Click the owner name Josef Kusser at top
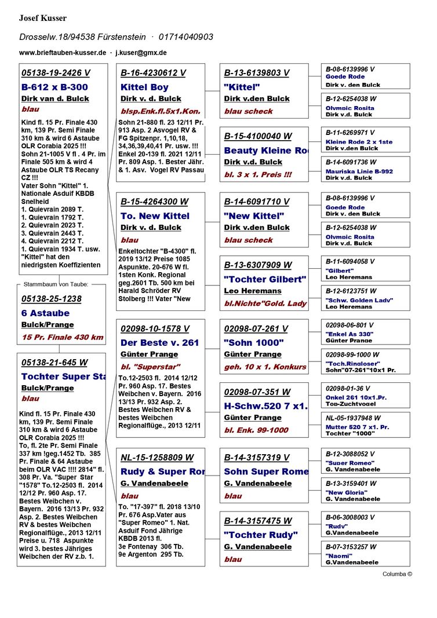pos(43,18)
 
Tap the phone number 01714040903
pos(186,37)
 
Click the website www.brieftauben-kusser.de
pos(63,52)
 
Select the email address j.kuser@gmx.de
pos(141,52)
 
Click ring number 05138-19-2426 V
pos(56,73)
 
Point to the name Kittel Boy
pos(144,87)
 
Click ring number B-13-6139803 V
pos(257,73)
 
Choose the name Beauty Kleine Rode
pos(265,151)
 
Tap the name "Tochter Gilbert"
pos(264,279)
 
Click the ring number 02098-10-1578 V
pos(155,328)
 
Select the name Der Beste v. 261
pos(159,343)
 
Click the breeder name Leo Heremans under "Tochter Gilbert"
pos(253,291)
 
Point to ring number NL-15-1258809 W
pos(157,458)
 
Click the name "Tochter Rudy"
pos(261,535)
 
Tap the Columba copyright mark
pos(397,574)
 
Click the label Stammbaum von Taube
pos(56,284)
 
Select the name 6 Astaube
pos(45,313)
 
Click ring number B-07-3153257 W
pos(350,547)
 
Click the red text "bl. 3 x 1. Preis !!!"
pos(258,174)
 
